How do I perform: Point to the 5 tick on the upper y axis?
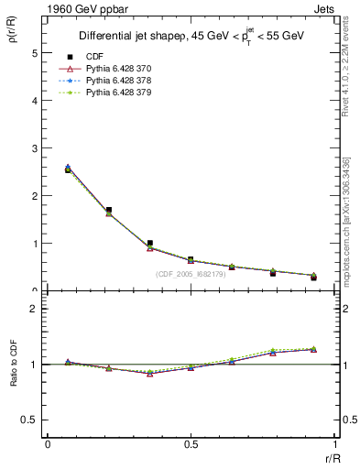(x=34, y=53)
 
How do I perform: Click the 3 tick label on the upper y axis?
(x=34, y=148)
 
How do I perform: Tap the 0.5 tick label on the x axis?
(x=190, y=444)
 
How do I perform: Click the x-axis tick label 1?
(x=334, y=444)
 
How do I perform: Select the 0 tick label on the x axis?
(x=47, y=444)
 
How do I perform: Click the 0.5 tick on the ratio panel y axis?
(x=30, y=420)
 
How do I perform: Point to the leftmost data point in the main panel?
(x=68, y=169)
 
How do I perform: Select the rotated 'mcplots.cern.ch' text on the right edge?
(x=349, y=247)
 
